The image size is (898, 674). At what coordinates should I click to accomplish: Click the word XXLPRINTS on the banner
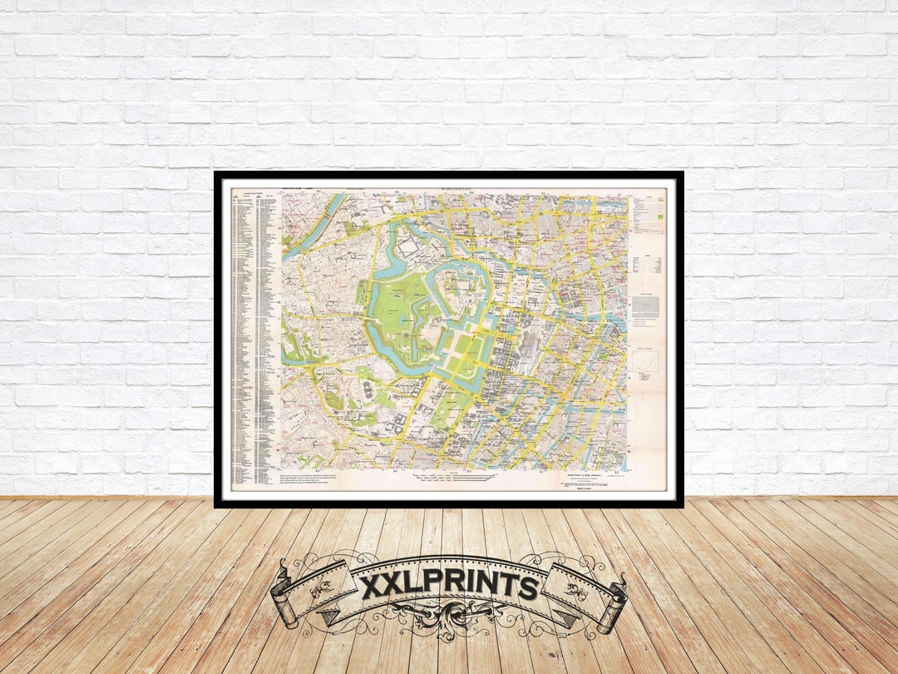(449, 587)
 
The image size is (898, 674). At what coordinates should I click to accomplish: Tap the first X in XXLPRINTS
(372, 587)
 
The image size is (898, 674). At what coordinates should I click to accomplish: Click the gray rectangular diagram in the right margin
(645, 306)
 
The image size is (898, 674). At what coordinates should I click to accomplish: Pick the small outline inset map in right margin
(644, 361)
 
